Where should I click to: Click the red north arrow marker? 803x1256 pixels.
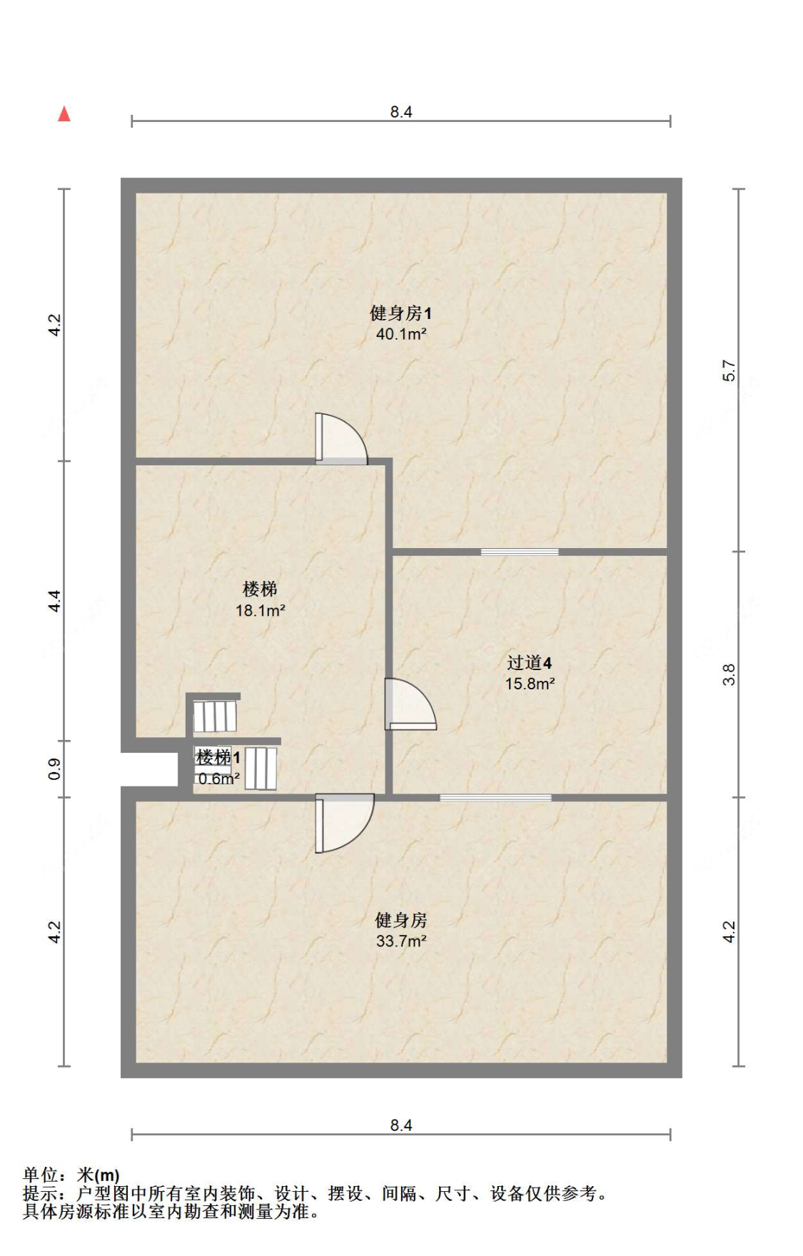[x=64, y=114]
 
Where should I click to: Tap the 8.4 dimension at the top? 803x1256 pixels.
[x=400, y=112]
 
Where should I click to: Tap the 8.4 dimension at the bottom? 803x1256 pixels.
[x=400, y=1125]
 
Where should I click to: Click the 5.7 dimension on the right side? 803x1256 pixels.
[x=728, y=370]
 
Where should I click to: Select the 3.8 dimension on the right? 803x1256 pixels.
[x=728, y=674]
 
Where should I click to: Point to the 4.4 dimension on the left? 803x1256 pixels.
[x=55, y=601]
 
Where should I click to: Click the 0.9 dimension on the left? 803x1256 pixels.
[x=55, y=769]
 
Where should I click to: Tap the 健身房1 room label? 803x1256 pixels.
[x=400, y=313]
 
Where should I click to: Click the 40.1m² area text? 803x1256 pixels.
[x=400, y=334]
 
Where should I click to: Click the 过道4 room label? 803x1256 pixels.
[x=529, y=663]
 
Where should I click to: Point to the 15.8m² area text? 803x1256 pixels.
[x=530, y=684]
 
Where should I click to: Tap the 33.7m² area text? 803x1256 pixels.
[x=400, y=941]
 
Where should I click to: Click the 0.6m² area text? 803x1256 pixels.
[x=218, y=779]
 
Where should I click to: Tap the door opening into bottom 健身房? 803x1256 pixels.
[x=343, y=822]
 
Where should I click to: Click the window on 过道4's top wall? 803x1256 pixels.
[x=520, y=552]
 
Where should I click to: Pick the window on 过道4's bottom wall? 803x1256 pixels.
[x=495, y=797]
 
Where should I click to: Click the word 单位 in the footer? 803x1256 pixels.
[x=40, y=1175]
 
